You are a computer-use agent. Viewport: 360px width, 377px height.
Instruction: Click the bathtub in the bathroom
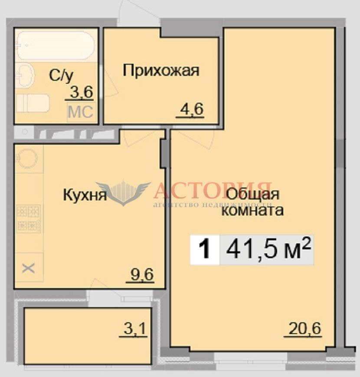pos(56,46)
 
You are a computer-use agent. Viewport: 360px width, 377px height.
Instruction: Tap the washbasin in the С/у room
pos(25,75)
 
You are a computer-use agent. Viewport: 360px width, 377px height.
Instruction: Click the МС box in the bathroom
pos(81,112)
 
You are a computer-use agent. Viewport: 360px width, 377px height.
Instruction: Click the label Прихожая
pos(161,70)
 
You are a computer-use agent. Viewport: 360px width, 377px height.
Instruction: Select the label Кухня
pos(85,195)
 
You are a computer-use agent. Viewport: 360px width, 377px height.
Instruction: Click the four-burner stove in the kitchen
pos(29,219)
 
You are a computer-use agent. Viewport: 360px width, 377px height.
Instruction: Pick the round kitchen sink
pos(27,158)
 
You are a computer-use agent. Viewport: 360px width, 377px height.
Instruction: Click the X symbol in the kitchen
pos(28,268)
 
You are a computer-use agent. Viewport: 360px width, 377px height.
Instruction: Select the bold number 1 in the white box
pos(205,250)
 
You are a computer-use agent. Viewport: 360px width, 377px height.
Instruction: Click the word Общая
pos(253,195)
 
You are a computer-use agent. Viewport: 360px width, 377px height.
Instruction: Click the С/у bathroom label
pos(61,75)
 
